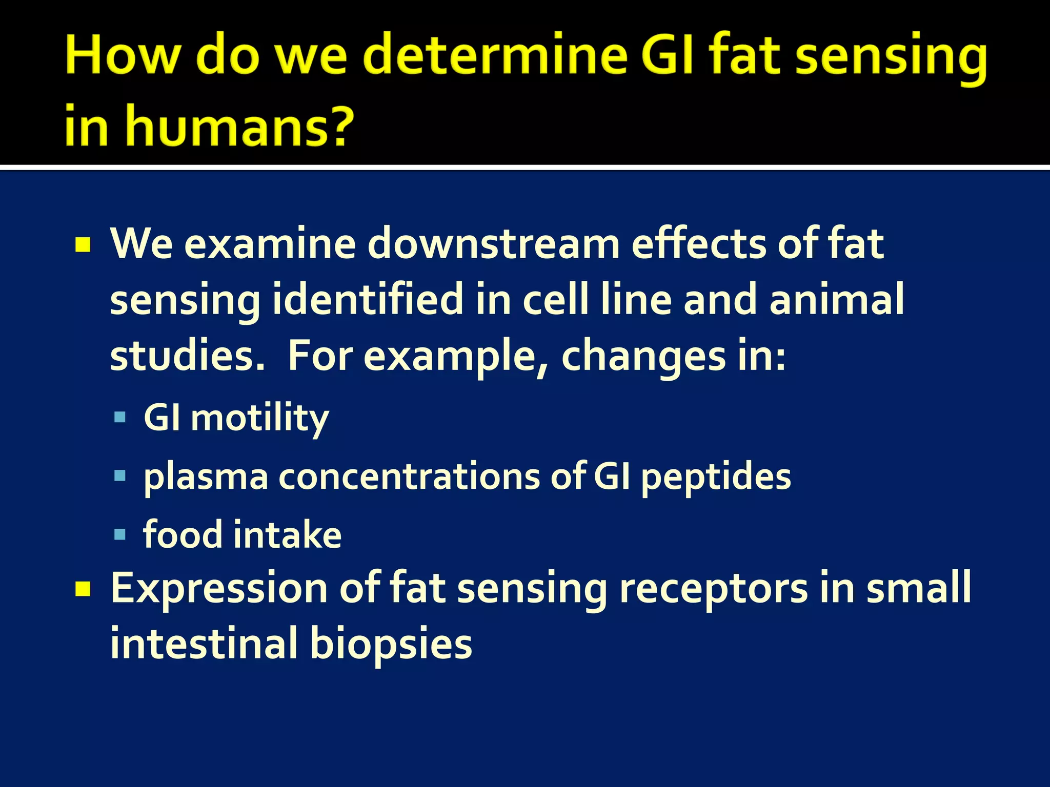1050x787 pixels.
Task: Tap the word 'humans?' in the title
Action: pyautogui.click(x=240, y=126)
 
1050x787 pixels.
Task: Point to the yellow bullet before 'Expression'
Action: pyautogui.click(x=83, y=589)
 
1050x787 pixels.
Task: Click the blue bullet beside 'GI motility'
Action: pyautogui.click(x=120, y=417)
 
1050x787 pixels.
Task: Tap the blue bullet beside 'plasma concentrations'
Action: pyautogui.click(x=120, y=476)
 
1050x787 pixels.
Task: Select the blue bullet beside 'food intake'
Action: pyautogui.click(x=120, y=535)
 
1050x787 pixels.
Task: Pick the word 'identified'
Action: pyautogui.click(x=368, y=300)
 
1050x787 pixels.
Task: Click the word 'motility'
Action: pyautogui.click(x=259, y=418)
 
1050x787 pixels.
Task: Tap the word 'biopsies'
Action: pyautogui.click(x=391, y=645)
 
